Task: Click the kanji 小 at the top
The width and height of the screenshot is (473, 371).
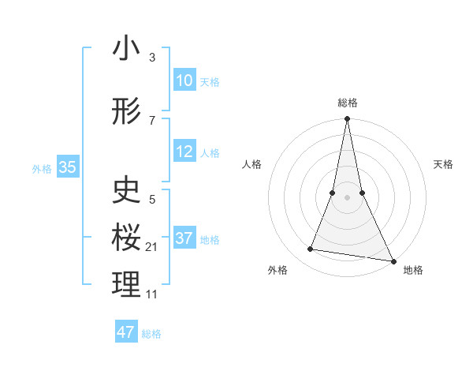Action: (x=126, y=49)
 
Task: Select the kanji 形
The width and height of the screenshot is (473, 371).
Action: (x=126, y=113)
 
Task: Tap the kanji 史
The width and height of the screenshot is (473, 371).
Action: (x=126, y=190)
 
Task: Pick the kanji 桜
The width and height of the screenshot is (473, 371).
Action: (x=126, y=237)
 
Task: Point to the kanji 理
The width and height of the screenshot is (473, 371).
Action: (x=126, y=285)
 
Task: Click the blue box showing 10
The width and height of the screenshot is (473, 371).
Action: (x=184, y=81)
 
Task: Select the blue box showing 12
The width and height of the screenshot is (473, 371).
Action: (x=184, y=152)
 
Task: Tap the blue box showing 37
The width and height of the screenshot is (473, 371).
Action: (x=184, y=238)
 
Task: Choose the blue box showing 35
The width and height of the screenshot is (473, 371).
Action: (x=67, y=167)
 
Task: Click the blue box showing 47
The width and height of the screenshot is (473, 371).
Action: (x=126, y=332)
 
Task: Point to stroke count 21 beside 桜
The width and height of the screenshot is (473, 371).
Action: (x=152, y=247)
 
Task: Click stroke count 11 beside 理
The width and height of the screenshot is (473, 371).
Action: (x=152, y=294)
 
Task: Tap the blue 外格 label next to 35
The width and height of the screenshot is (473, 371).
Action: (x=42, y=168)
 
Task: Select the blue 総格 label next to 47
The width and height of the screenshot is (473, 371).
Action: (x=151, y=334)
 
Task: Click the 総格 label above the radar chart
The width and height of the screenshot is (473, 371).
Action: (x=347, y=103)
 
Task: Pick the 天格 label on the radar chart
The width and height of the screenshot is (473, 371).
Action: (x=443, y=164)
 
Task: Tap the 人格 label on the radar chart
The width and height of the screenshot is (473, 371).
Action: (x=251, y=164)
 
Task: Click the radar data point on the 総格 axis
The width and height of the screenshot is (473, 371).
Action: (x=347, y=119)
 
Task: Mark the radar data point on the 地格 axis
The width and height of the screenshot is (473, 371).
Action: (x=393, y=260)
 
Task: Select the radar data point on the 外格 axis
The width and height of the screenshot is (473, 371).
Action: (x=311, y=249)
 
